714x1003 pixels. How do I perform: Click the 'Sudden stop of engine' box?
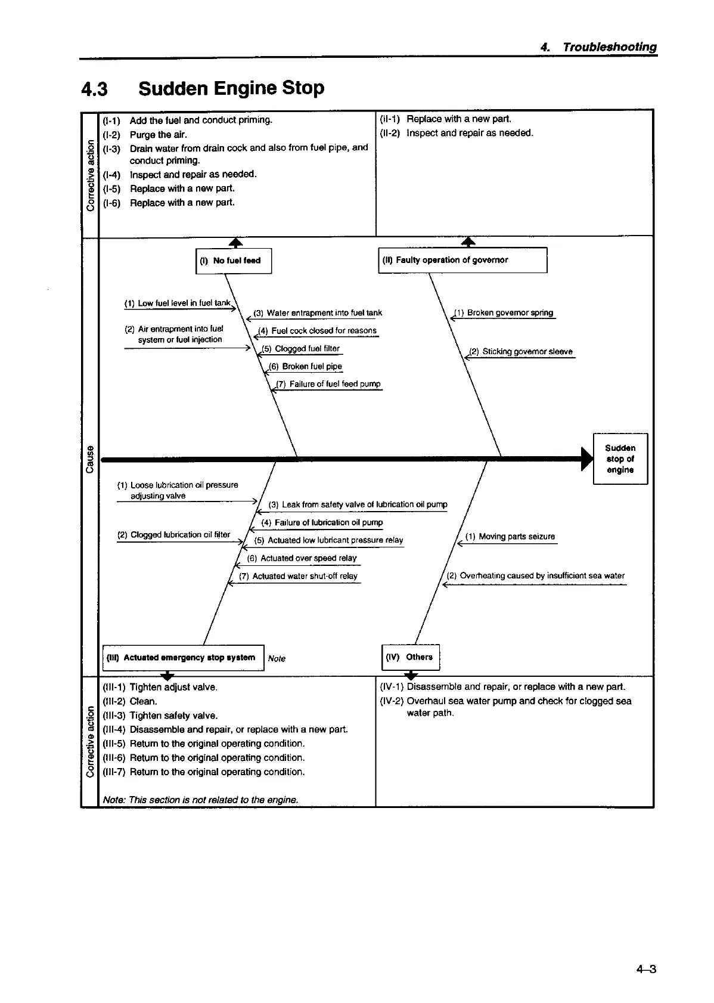pyautogui.click(x=620, y=459)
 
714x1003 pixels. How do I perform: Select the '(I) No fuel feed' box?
pyautogui.click(x=234, y=261)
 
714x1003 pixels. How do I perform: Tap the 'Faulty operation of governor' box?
pyautogui.click(x=462, y=260)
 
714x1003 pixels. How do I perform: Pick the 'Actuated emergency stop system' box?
pyautogui.click(x=183, y=657)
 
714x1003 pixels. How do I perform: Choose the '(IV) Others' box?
pyautogui.click(x=410, y=657)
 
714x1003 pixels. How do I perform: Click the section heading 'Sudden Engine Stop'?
pyautogui.click(x=231, y=88)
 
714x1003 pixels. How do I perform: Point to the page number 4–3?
pyautogui.click(x=645, y=969)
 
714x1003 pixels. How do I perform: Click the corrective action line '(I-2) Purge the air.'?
pyautogui.click(x=145, y=135)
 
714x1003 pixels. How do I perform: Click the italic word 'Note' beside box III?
pyautogui.click(x=277, y=658)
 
